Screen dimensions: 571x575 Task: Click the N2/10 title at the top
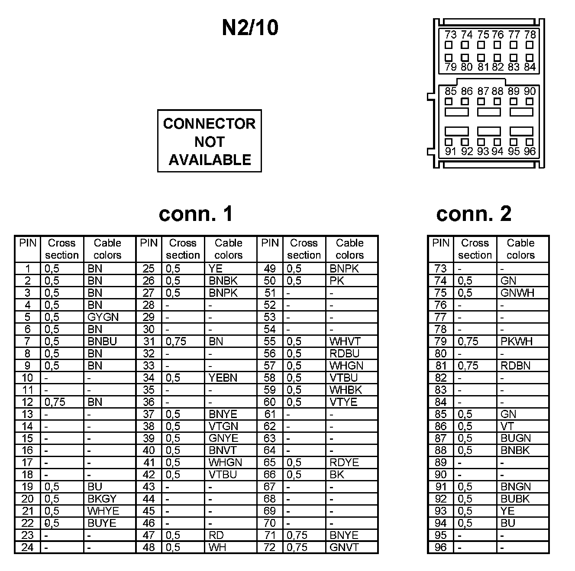(250, 28)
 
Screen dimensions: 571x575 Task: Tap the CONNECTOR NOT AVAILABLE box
(210, 141)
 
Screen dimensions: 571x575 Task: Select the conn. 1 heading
(196, 214)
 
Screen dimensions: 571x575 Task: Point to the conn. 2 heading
(474, 214)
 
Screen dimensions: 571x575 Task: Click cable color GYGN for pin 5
(103, 317)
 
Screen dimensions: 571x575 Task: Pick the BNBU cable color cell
(102, 341)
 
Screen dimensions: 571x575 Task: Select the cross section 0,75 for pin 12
(55, 402)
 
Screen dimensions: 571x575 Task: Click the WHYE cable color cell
(103, 511)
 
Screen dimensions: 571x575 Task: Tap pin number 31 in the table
(149, 341)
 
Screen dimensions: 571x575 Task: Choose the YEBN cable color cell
(223, 378)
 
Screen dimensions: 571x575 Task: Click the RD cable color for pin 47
(216, 535)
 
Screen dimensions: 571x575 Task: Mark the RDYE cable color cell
(344, 462)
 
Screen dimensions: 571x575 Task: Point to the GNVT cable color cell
(344, 547)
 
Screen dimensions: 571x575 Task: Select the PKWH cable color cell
(516, 341)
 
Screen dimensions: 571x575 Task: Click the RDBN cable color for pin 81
(515, 366)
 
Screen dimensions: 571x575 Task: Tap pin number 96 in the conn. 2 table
(441, 547)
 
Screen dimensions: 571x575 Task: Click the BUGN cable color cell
(515, 438)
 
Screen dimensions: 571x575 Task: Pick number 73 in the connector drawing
(450, 35)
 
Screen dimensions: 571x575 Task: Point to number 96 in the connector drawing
(530, 151)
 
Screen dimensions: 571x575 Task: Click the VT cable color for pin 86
(507, 426)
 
